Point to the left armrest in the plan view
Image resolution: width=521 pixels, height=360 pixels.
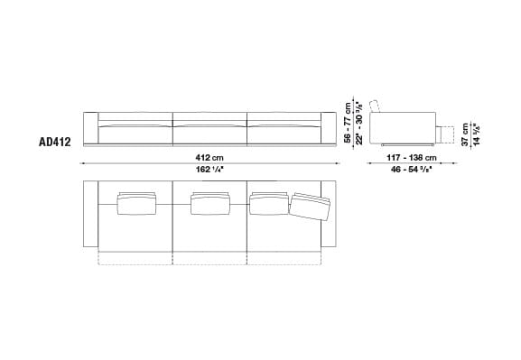pyautogui.click(x=89, y=216)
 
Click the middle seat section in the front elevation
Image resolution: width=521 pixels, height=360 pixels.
pyautogui.click(x=209, y=128)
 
